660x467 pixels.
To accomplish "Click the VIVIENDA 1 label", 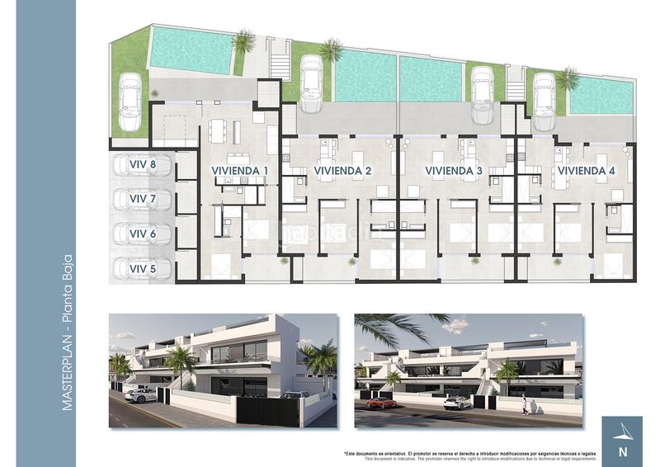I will point(240,171).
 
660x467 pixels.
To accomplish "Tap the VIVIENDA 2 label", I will point(343,171).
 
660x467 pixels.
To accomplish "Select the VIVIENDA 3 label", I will point(454,171).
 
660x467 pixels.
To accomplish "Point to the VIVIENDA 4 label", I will point(587,171).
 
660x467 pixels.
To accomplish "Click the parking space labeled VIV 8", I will point(143,165).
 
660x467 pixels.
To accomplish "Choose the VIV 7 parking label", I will point(143,200).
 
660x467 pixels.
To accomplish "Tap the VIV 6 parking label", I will point(143,234).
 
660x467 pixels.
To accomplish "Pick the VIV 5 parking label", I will point(143,269).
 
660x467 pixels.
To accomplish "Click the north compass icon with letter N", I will point(622,438).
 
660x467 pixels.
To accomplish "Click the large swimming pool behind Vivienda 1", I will point(191,50).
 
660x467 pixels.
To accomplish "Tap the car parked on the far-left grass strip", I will point(130,101).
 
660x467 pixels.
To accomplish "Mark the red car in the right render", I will point(381,402).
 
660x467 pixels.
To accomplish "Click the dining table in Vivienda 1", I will point(218,130).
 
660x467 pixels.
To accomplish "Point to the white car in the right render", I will point(457,402).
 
